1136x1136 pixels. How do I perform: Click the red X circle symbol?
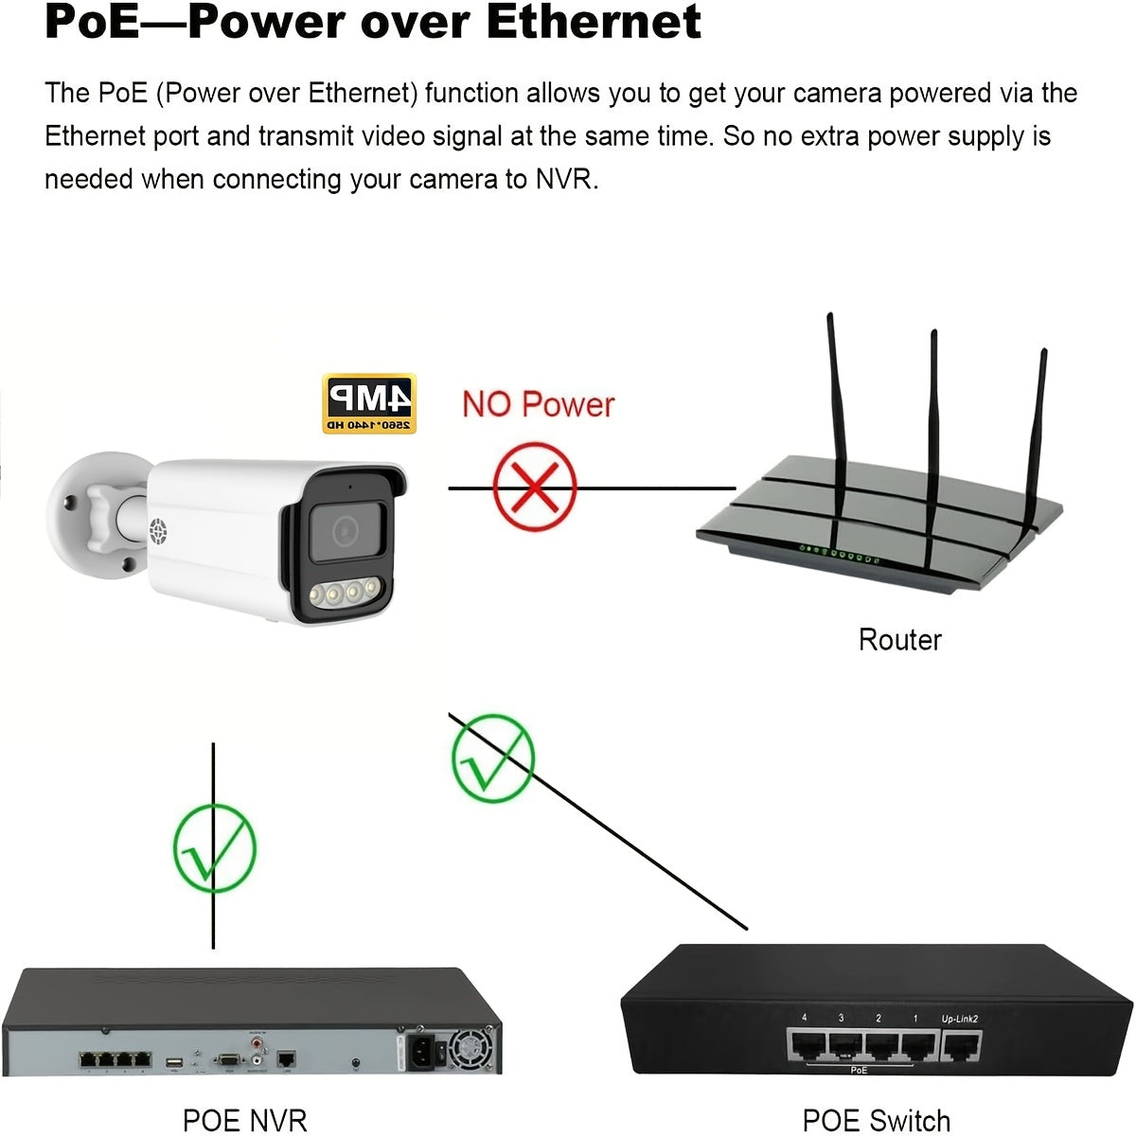pyautogui.click(x=535, y=488)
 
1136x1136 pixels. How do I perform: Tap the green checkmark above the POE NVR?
pyautogui.click(x=215, y=848)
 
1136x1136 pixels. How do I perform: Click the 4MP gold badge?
pyautogui.click(x=369, y=403)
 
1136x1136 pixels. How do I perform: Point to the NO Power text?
pyautogui.click(x=538, y=405)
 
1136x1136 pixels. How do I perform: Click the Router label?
pyautogui.click(x=899, y=640)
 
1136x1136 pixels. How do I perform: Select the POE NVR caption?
pyautogui.click(x=244, y=1120)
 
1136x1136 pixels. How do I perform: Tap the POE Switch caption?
pyautogui.click(x=876, y=1121)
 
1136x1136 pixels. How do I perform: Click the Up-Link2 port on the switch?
pyautogui.click(x=960, y=1046)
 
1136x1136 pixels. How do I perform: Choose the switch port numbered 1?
pyautogui.click(x=916, y=1046)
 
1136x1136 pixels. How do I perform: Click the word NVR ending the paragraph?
pyautogui.click(x=566, y=179)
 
